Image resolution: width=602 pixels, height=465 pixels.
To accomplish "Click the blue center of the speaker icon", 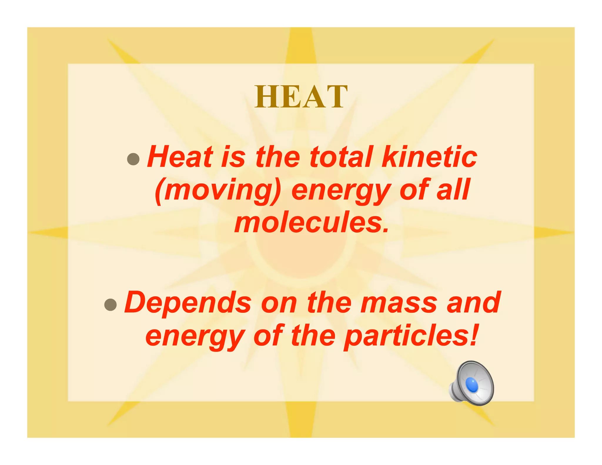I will (472, 385).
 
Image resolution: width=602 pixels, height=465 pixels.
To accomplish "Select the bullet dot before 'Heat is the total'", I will (133, 159).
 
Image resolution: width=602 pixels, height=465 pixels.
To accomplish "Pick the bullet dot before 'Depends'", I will (111, 305).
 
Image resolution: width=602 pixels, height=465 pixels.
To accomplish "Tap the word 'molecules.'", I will (312, 223).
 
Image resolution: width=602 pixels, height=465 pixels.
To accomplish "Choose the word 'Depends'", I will (188, 303).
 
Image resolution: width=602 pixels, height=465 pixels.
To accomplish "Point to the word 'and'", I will (473, 303).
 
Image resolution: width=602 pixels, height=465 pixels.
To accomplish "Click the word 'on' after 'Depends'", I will (279, 303).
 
